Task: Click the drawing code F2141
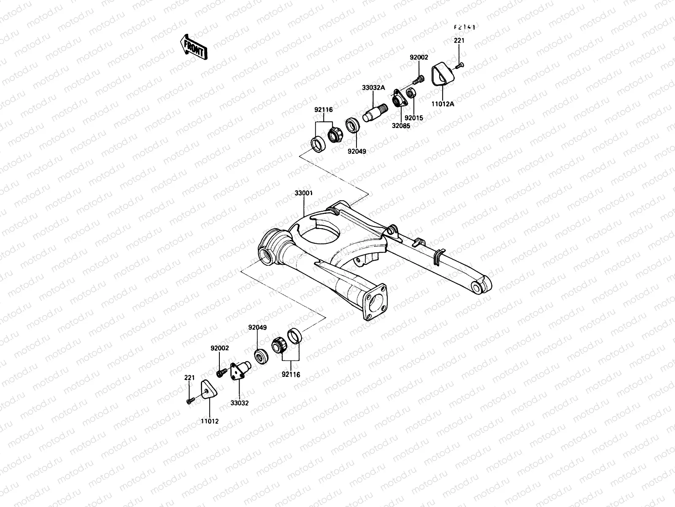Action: [x=464, y=27]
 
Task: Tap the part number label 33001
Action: [x=303, y=194]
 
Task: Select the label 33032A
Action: [x=373, y=88]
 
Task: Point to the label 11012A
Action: [x=443, y=104]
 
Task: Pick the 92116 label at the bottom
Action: [x=291, y=374]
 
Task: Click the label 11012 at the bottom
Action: [x=210, y=421]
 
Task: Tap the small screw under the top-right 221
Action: [x=459, y=65]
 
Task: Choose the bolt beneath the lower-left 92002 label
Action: [x=220, y=373]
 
